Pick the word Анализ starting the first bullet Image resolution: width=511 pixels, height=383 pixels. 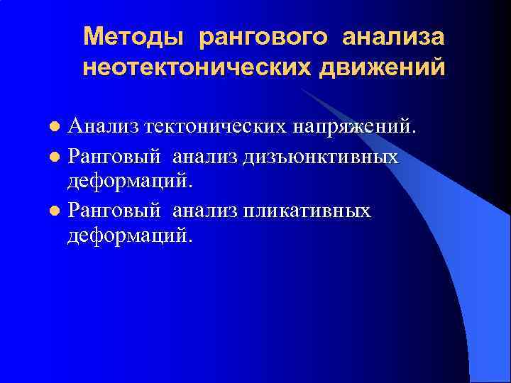pos(102,127)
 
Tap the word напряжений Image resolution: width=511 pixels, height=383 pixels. pos(358,128)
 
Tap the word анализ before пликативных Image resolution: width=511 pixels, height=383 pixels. pos(205,211)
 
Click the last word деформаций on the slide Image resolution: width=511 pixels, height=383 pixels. pos(129,234)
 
